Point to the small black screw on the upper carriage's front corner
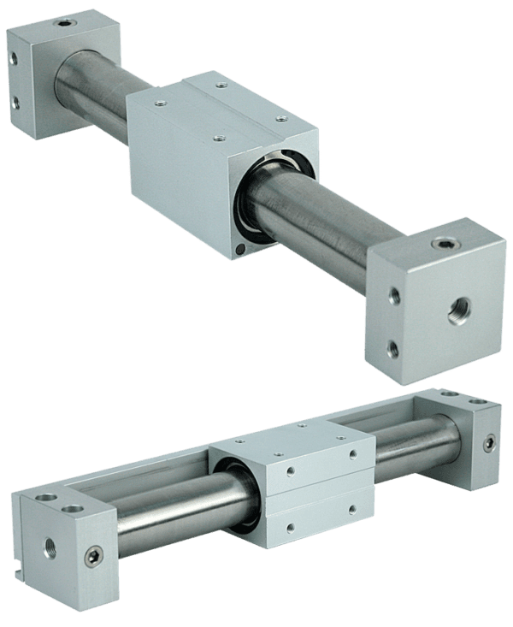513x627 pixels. point(239,250)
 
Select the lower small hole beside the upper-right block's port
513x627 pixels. point(393,346)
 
